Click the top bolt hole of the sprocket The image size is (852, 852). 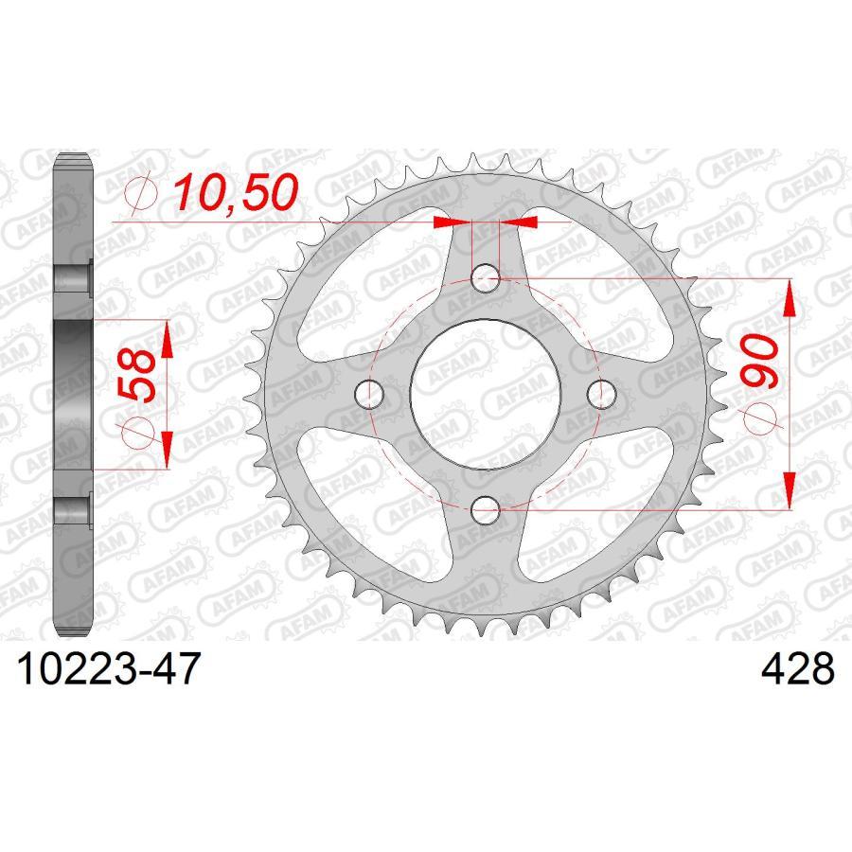pos(486,277)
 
